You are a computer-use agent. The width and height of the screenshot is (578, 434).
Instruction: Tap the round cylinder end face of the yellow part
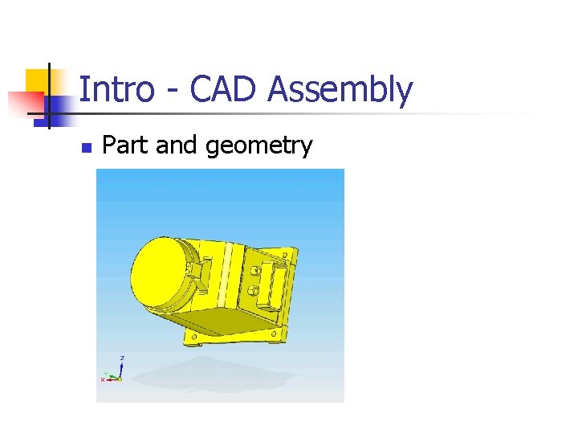[x=160, y=268]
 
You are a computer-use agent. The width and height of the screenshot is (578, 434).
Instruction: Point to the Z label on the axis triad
[x=122, y=358]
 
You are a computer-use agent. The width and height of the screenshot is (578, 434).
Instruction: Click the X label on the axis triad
[x=103, y=379]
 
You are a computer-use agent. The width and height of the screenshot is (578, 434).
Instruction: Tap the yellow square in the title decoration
[x=38, y=83]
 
